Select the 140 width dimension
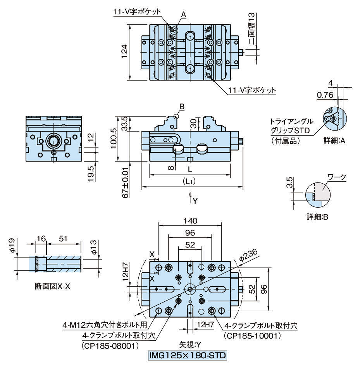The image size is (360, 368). (191, 221)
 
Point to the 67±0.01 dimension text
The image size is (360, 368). (125, 182)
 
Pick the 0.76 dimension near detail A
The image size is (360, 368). (324, 95)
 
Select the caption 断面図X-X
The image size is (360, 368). (51, 287)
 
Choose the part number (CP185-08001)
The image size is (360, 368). (110, 344)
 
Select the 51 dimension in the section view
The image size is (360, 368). (63, 239)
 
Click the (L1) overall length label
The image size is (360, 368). (190, 181)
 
